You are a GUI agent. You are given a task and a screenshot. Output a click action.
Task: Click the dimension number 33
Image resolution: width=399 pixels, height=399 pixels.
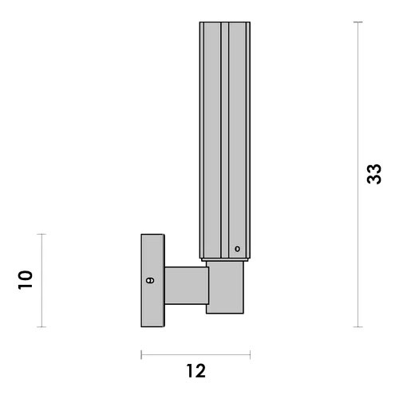click(374, 174)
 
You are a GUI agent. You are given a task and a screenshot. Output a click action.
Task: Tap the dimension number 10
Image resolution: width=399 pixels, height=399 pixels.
click(26, 280)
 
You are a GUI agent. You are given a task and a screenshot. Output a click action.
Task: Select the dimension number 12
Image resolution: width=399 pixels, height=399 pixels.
click(196, 371)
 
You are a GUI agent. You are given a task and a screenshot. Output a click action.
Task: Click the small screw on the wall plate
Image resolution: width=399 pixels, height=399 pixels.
click(150, 280)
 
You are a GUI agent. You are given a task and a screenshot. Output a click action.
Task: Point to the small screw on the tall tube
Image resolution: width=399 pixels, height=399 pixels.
click(237, 249)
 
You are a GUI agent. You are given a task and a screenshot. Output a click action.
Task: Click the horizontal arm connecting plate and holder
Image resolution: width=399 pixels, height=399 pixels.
click(187, 286)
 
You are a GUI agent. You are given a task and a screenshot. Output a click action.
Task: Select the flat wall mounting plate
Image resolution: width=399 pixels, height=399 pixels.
click(152, 280)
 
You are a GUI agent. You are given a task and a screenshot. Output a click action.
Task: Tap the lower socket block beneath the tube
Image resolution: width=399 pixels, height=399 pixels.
click(225, 287)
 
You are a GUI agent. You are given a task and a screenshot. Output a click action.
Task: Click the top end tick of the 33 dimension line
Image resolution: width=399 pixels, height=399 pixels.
click(358, 22)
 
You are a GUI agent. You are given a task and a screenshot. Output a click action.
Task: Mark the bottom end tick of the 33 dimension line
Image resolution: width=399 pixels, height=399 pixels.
click(358, 326)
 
